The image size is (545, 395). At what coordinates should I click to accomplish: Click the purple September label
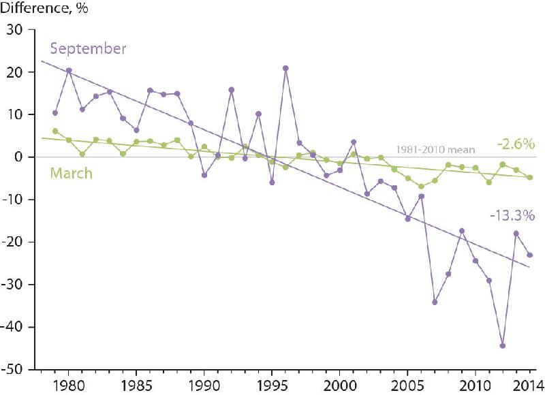tap(89, 49)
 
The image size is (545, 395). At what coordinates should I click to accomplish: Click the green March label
tap(72, 173)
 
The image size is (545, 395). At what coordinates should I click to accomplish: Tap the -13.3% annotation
tap(512, 216)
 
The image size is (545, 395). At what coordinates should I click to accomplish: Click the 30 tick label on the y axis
tap(14, 30)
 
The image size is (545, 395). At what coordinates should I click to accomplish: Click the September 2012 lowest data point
tap(502, 346)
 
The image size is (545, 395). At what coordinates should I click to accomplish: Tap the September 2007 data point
tap(435, 302)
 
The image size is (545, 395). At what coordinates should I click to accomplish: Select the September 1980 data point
tap(69, 70)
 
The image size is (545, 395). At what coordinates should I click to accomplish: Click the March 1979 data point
tap(55, 131)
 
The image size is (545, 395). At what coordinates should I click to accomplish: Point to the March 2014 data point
tap(529, 177)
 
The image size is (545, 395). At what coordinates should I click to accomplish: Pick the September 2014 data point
tap(529, 255)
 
